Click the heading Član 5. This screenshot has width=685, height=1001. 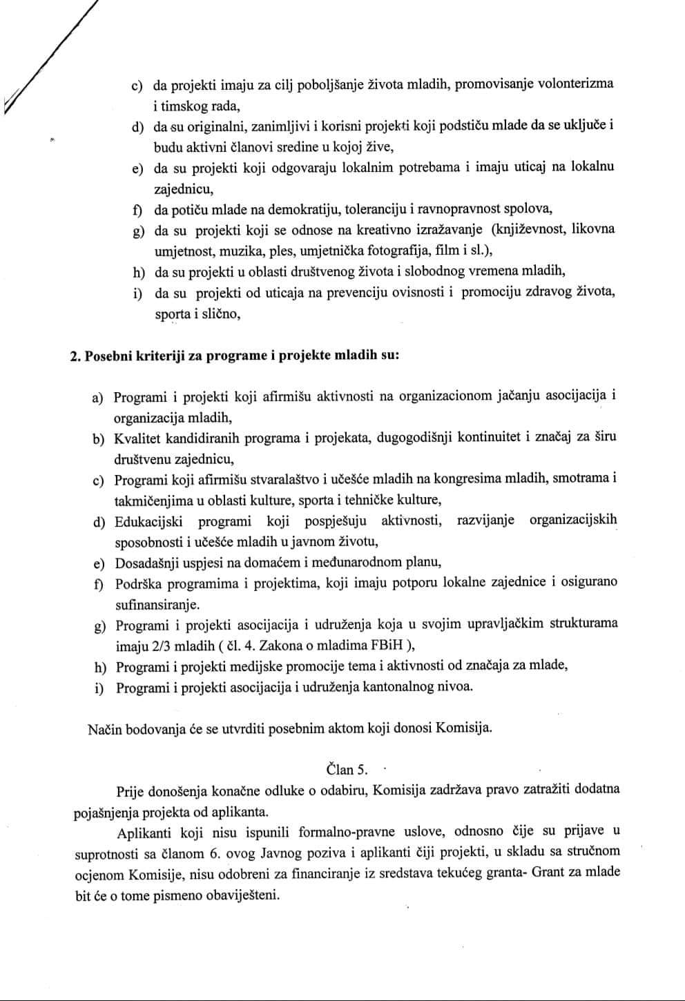[347, 770]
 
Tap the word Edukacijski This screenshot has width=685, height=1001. [149, 521]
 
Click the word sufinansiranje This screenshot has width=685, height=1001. [157, 605]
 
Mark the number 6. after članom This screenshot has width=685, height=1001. [214, 853]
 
